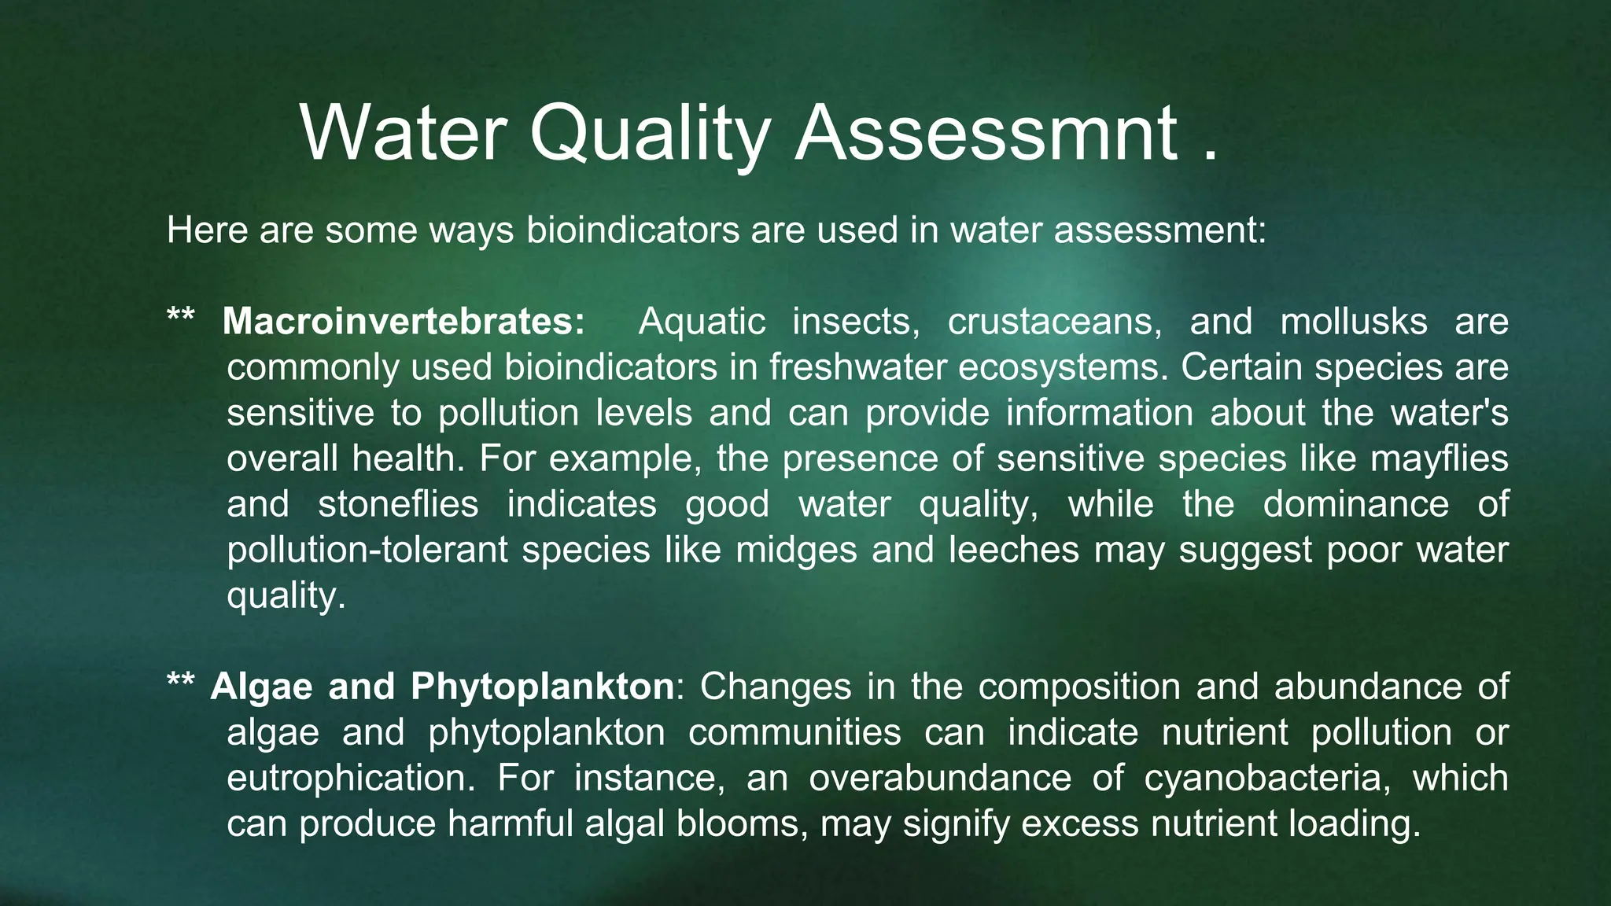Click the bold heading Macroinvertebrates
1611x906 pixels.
click(404, 322)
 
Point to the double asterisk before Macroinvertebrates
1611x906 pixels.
click(181, 316)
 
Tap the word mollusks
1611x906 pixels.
click(1353, 322)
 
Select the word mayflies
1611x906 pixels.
click(1439, 459)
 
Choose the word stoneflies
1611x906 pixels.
click(398, 504)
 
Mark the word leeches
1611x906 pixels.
click(1013, 550)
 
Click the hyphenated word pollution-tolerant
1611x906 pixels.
click(367, 550)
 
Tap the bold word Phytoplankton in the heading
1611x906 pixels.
click(542, 687)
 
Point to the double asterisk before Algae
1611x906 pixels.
click(181, 681)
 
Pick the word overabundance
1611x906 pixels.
click(940, 778)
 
